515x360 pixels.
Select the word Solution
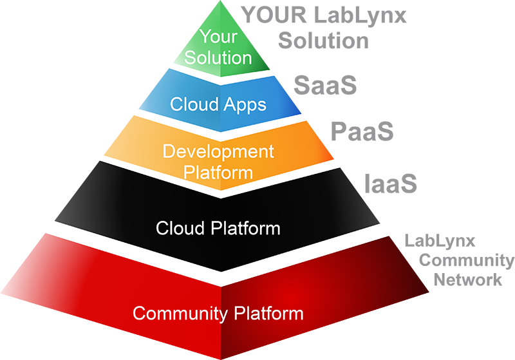(218, 57)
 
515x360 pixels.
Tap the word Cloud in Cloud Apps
(191, 104)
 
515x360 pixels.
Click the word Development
(218, 152)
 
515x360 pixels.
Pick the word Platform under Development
(218, 173)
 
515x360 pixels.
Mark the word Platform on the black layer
(243, 229)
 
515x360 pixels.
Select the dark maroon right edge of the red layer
(425, 309)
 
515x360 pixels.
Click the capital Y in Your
(204, 36)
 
